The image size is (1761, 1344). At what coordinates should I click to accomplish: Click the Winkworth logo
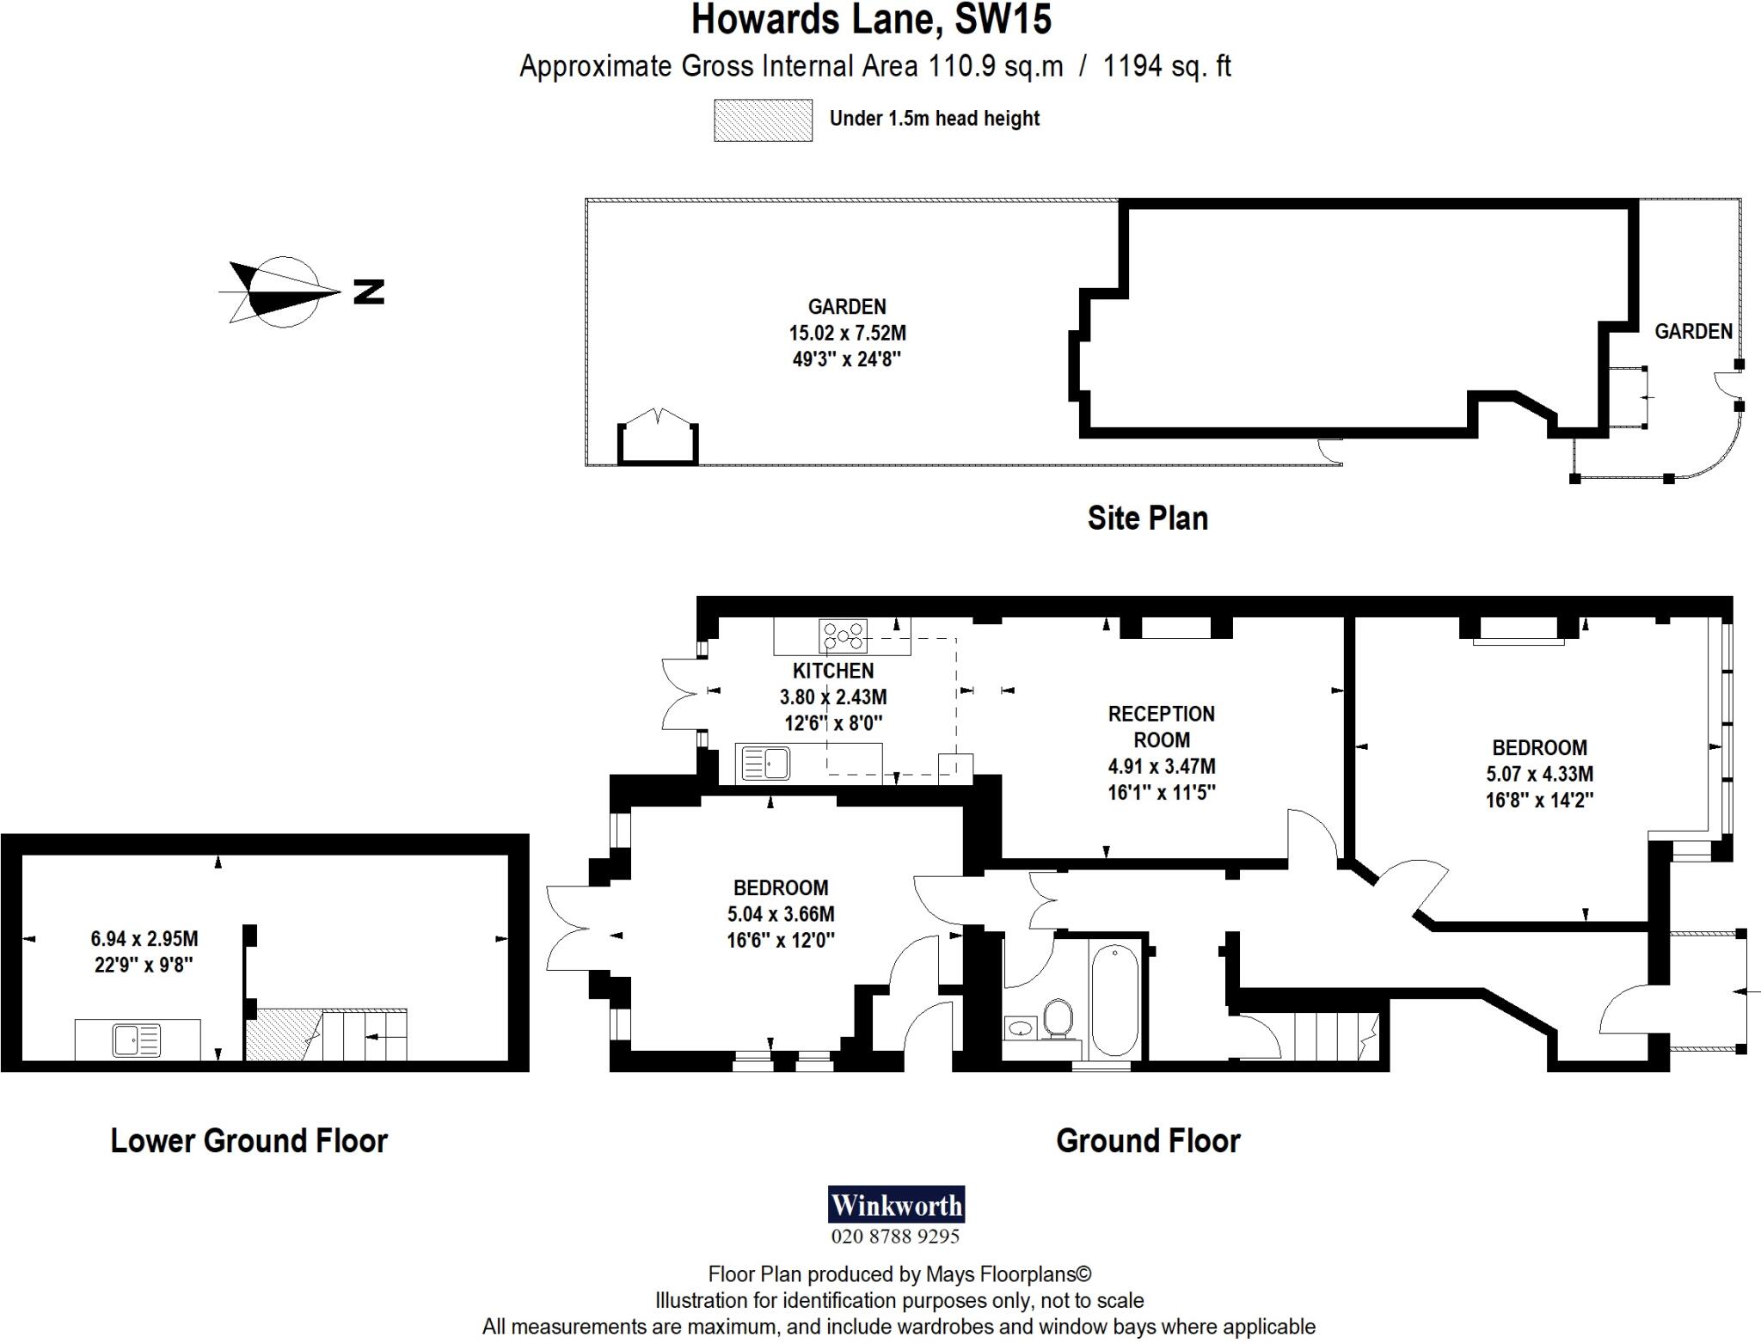pos(895,1204)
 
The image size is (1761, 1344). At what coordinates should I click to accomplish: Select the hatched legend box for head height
pos(763,120)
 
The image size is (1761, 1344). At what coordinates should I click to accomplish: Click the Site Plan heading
pos(1147,518)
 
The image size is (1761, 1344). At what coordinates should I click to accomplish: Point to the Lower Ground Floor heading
pos(249,1140)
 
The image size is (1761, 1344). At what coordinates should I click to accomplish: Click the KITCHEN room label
pos(832,671)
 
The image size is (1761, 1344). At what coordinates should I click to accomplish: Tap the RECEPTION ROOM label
pos(1161,727)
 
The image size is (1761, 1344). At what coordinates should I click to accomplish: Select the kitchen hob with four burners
pos(843,636)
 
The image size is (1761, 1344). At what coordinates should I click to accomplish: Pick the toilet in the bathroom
pos(1057,1018)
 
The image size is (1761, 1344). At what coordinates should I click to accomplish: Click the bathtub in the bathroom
pos(1114,1002)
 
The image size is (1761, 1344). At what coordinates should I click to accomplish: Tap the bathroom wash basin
pos(1022,1027)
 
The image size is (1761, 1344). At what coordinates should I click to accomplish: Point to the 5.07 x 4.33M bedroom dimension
pos(1539,774)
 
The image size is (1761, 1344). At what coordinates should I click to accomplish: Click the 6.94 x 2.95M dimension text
pos(144,939)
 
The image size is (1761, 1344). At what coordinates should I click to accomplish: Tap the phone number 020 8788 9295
pos(895,1237)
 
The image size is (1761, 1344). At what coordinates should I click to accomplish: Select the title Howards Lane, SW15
pos(871,21)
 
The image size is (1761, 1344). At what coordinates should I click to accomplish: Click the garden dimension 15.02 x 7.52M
pos(847,333)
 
